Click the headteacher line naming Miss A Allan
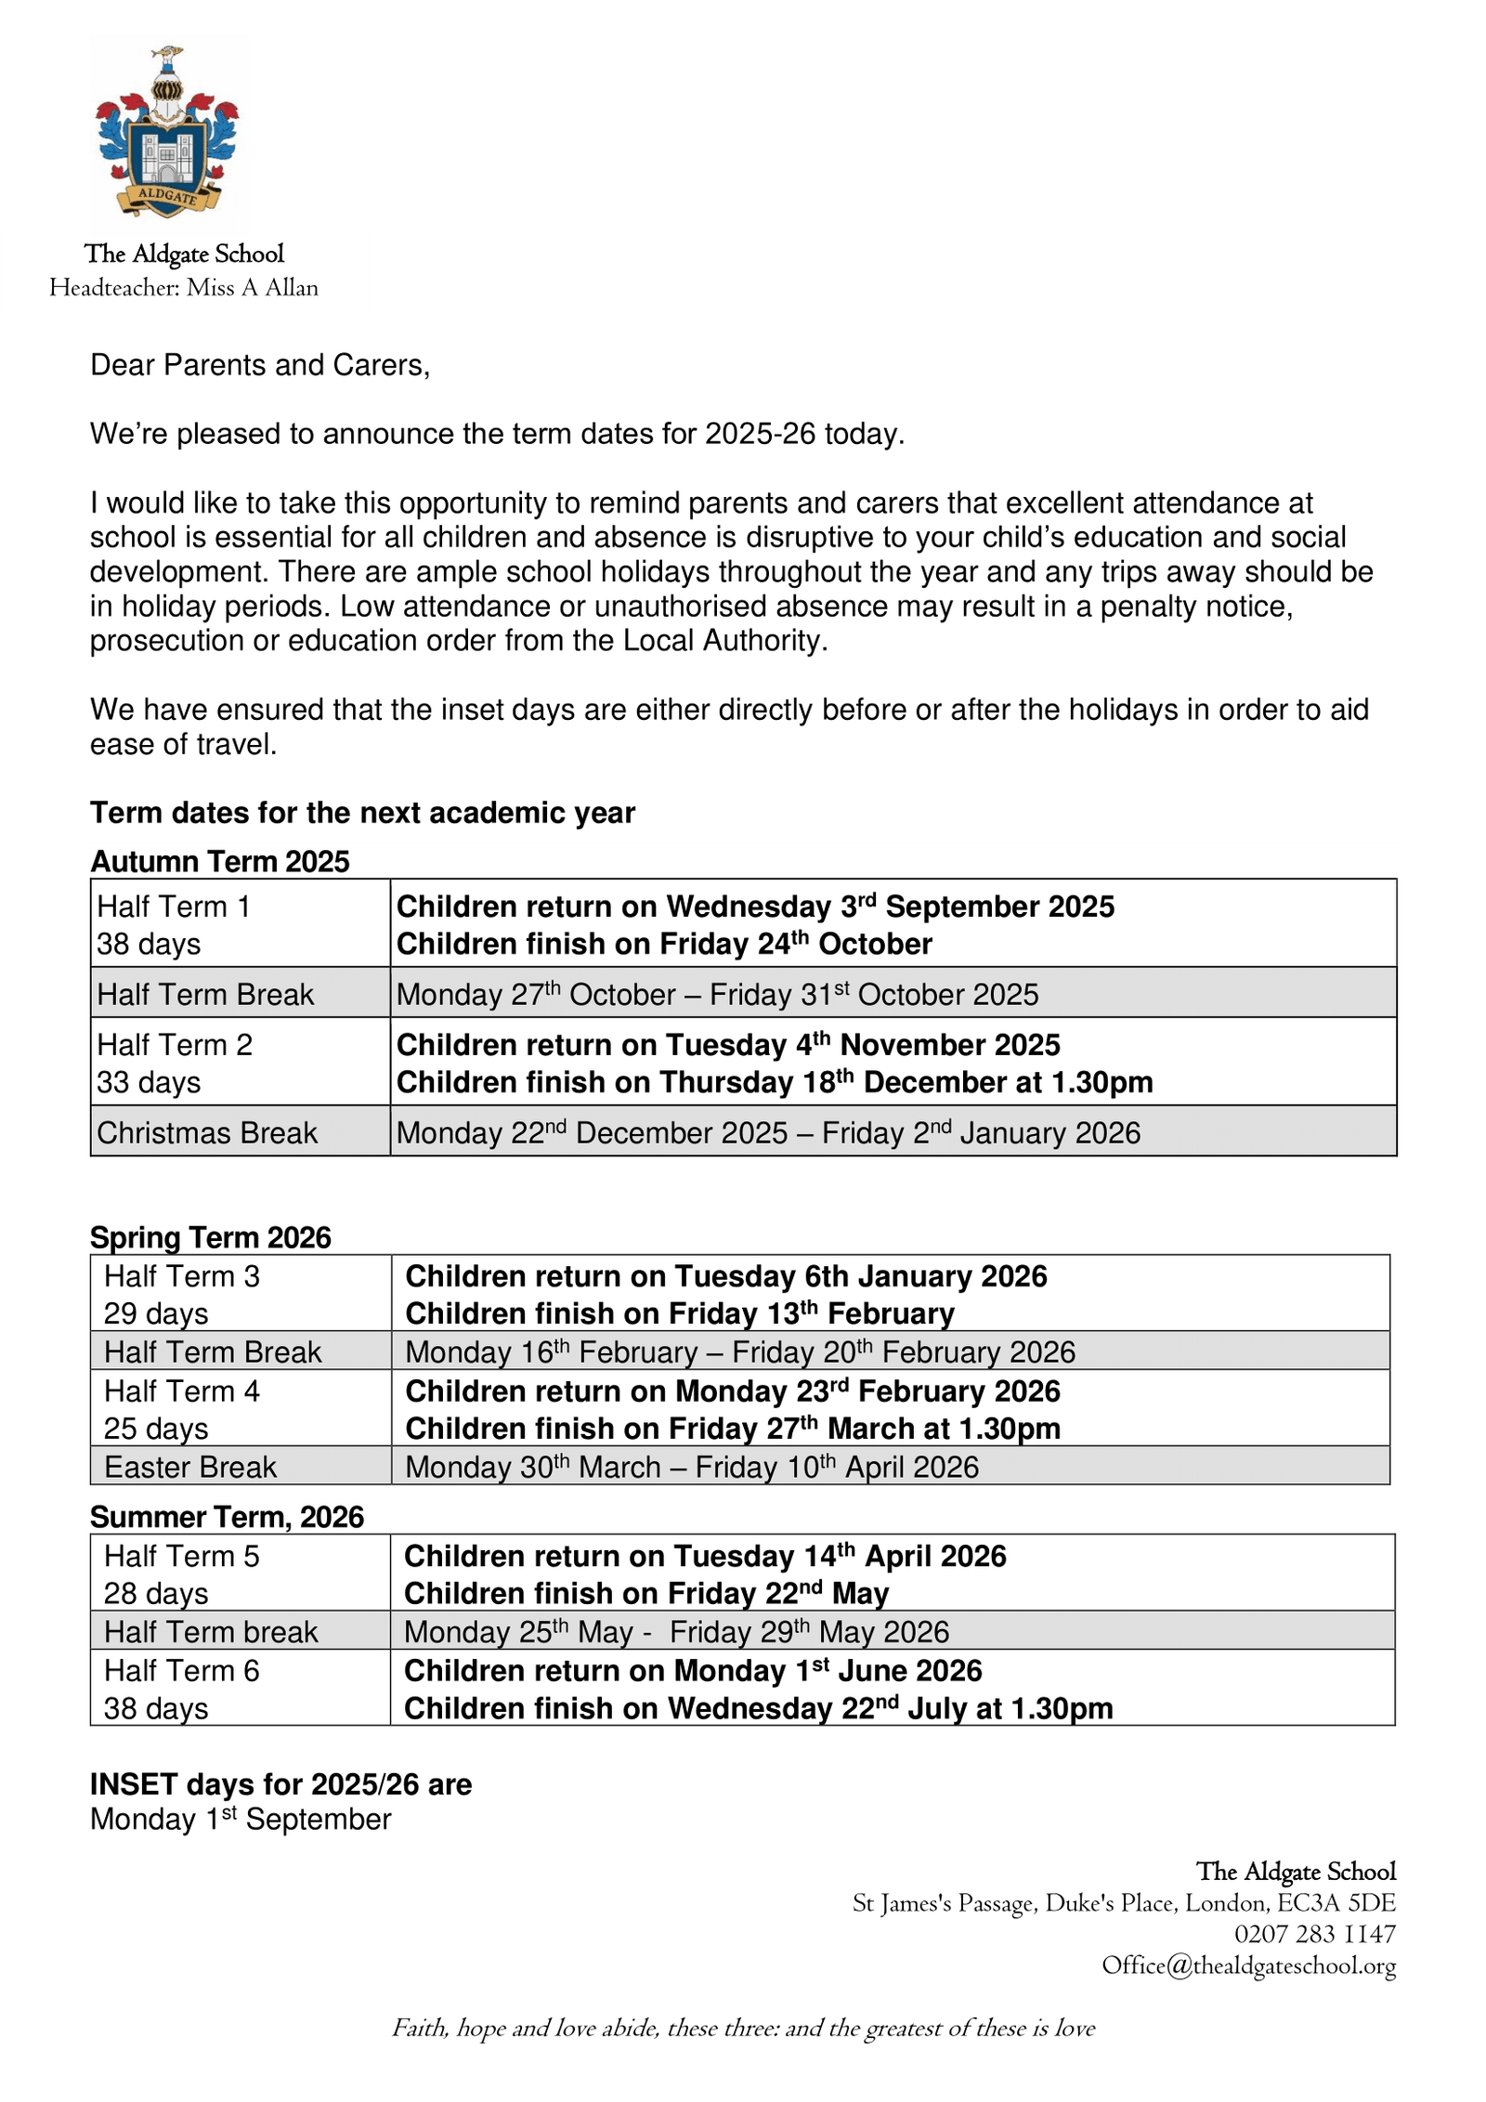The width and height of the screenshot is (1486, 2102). pyautogui.click(x=184, y=288)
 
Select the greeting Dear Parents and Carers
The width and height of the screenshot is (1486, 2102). pyautogui.click(x=260, y=365)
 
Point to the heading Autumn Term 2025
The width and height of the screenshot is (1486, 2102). pyautogui.click(x=219, y=861)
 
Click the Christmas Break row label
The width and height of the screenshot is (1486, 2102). pyautogui.click(x=207, y=1132)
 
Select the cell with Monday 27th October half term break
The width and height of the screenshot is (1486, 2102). pyautogui.click(x=716, y=994)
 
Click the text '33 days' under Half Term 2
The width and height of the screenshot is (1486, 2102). pyautogui.click(x=149, y=1082)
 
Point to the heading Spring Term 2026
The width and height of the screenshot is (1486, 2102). pyautogui.click(x=210, y=1237)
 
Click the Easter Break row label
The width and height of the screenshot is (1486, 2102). pyautogui.click(x=190, y=1467)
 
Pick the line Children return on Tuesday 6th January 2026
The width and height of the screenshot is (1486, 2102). pyautogui.click(x=725, y=1276)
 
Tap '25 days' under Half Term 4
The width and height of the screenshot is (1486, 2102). pyautogui.click(x=156, y=1429)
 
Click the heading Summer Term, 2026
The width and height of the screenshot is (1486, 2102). pyautogui.click(x=227, y=1517)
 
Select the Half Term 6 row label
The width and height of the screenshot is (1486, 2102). pyautogui.click(x=182, y=1670)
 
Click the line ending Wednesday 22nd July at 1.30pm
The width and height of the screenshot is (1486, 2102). pyautogui.click(x=758, y=1708)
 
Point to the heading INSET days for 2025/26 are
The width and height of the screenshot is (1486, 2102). pyautogui.click(x=280, y=1784)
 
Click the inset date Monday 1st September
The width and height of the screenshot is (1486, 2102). pyautogui.click(x=241, y=1820)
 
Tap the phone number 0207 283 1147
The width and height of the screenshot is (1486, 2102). pyautogui.click(x=1314, y=1934)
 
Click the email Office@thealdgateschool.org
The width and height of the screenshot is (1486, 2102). pyautogui.click(x=1248, y=1965)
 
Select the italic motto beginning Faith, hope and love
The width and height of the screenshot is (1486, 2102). pyautogui.click(x=743, y=2028)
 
